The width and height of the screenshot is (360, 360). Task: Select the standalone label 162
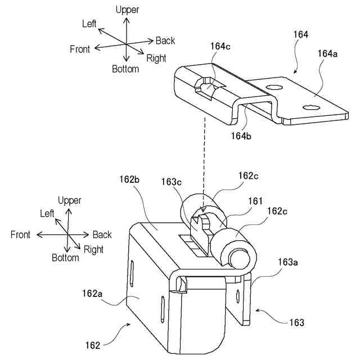pyautogui.click(x=93, y=345)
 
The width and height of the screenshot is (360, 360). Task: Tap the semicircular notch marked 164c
pyautogui.click(x=206, y=87)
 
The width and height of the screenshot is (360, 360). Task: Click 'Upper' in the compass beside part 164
pyautogui.click(x=127, y=10)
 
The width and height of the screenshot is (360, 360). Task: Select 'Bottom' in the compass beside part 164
pyautogui.click(x=125, y=69)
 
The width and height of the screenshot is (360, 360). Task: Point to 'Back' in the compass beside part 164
pyautogui.click(x=165, y=40)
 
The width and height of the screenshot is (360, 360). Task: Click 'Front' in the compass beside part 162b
pyautogui.click(x=21, y=235)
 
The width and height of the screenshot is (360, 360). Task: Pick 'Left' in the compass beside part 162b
pyautogui.click(x=47, y=214)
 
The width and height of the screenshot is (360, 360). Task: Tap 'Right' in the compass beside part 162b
pyautogui.click(x=93, y=249)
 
